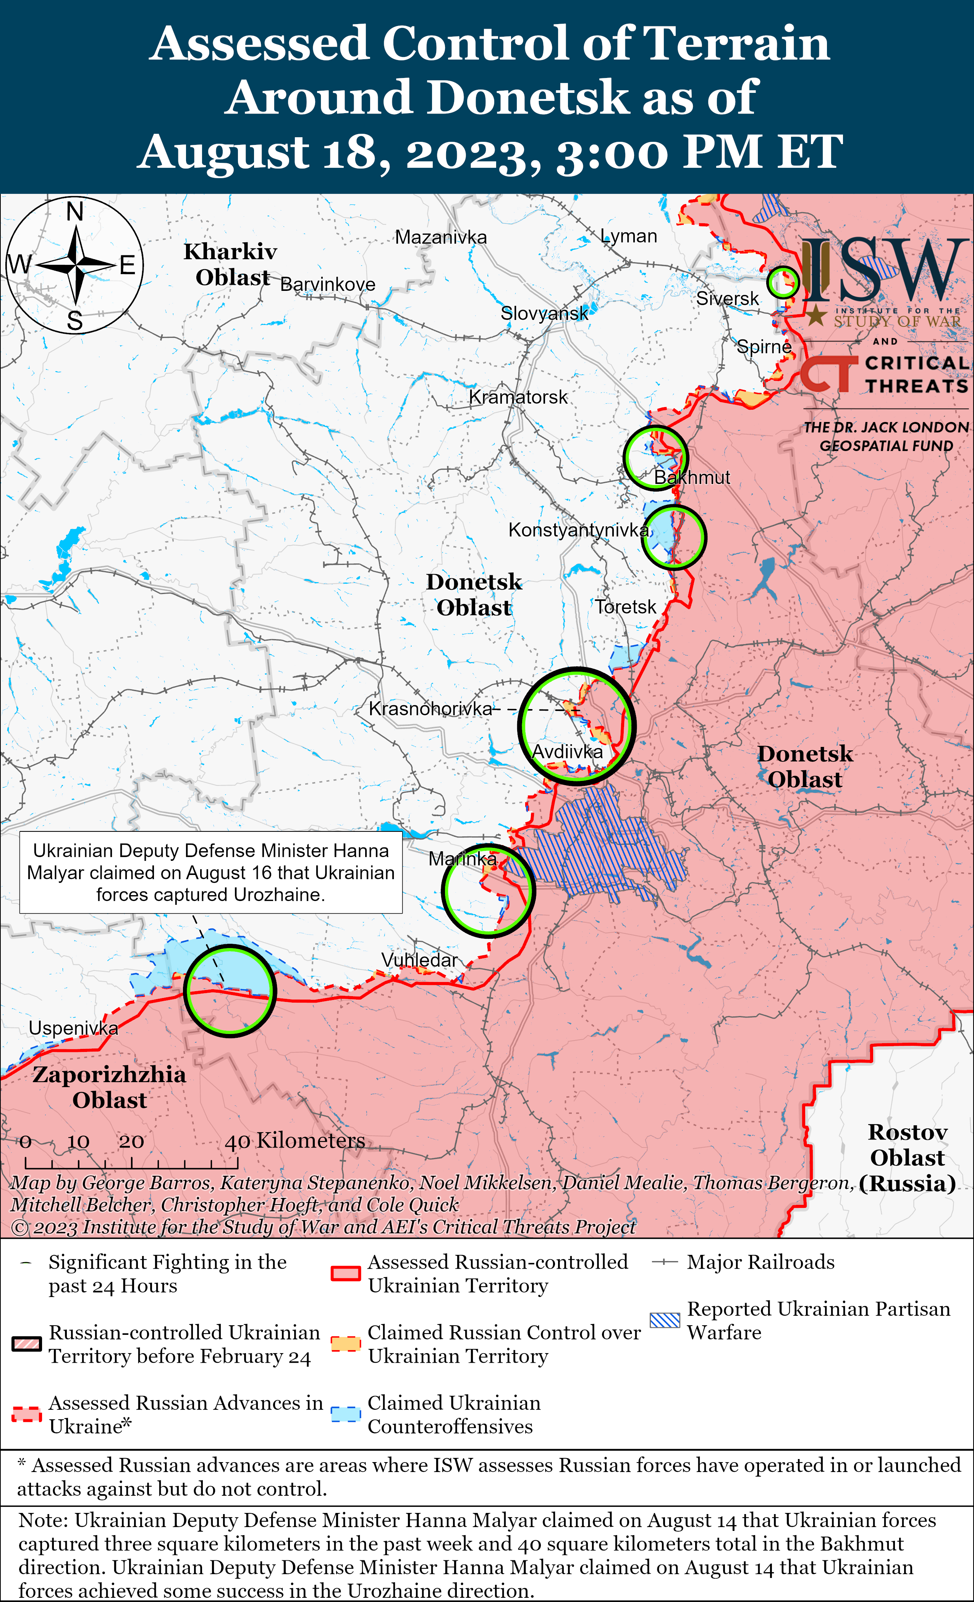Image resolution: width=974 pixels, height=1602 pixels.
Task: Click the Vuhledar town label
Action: pos(419,960)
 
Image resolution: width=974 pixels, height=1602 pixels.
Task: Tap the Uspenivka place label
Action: pos(73,1028)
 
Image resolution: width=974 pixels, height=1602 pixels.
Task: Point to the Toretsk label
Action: pos(626,607)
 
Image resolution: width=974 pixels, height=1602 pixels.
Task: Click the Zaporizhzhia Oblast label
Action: pos(109,1087)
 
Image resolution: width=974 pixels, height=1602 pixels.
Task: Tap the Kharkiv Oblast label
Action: pos(231,264)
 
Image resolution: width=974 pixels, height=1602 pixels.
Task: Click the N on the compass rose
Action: pos(75,212)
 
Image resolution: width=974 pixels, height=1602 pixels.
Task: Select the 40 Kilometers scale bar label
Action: pos(294,1140)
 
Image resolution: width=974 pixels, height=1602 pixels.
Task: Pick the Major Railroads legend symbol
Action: pos(665,1262)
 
